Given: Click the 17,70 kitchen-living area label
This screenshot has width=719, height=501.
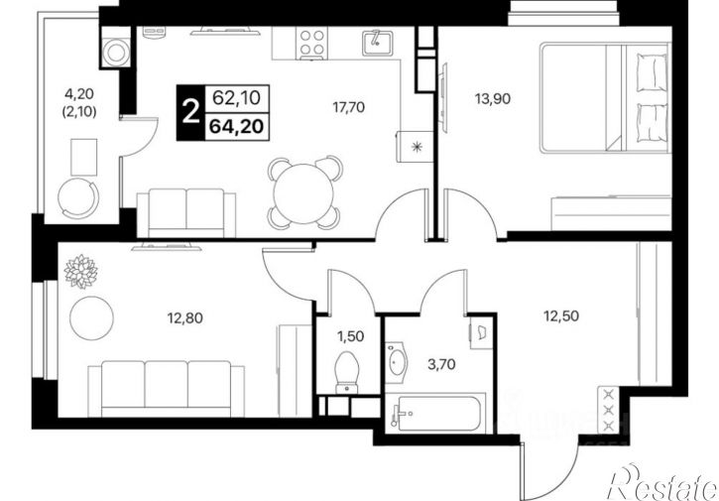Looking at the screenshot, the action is [x=348, y=107].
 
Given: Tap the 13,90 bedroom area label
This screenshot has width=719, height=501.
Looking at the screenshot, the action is [x=493, y=98].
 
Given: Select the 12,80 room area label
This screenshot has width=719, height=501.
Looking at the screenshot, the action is [x=185, y=317].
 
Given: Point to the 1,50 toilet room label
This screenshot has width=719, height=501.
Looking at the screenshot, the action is [x=351, y=336].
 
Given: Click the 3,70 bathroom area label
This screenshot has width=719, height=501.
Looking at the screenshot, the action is [x=441, y=365].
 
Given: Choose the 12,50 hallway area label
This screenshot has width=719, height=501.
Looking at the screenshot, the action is [x=561, y=315].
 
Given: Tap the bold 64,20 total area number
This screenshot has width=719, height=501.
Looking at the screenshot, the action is [x=237, y=126].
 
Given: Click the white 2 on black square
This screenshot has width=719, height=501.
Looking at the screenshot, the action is [x=190, y=113].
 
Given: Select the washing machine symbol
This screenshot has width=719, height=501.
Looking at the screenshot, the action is [x=116, y=53].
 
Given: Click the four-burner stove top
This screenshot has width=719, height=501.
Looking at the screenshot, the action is [x=311, y=43].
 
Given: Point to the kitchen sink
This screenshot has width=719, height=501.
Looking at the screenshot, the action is [x=377, y=43].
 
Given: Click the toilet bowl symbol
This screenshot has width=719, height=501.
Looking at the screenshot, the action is [x=348, y=372].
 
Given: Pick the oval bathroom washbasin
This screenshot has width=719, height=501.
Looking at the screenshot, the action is [x=396, y=363].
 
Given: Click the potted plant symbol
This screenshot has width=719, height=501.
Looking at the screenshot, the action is [x=81, y=271].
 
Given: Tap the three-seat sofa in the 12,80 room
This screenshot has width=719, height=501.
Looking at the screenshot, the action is [x=166, y=389].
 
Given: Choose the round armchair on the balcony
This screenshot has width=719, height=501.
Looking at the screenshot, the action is [x=78, y=198].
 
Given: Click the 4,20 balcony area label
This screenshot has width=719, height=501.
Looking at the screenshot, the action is [x=79, y=94].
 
